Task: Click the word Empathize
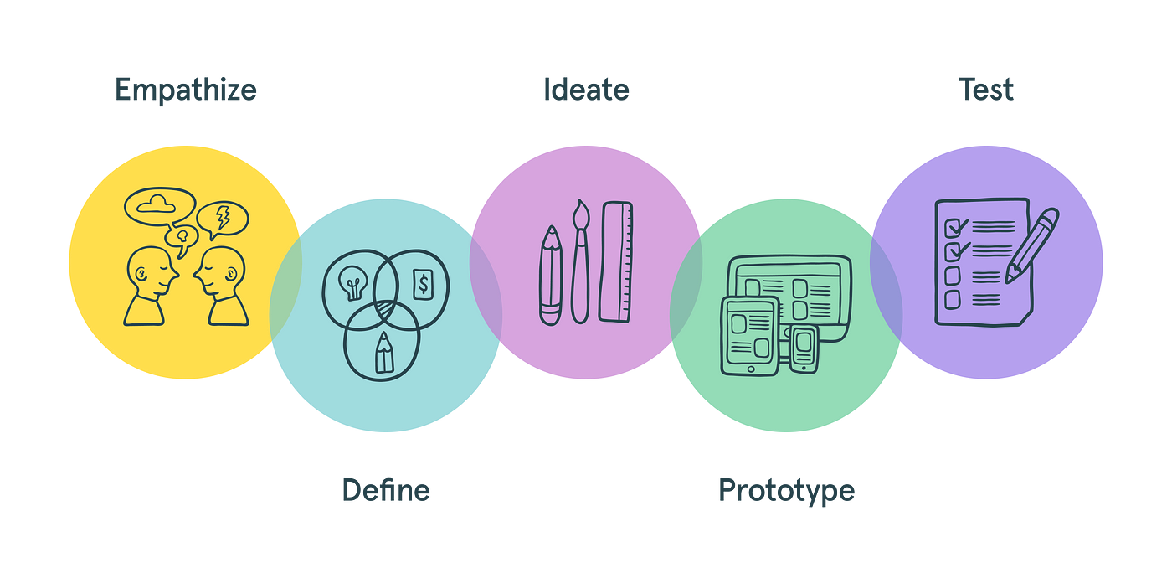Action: coord(186,91)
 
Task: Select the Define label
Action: coord(386,490)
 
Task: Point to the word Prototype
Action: coord(786,492)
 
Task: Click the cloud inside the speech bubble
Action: coord(156,204)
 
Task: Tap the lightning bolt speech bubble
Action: coord(223,219)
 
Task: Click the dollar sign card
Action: coord(423,284)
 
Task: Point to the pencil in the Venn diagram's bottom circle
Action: coord(384,353)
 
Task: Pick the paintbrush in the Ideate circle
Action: coord(580,261)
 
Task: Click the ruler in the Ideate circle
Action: coord(616,261)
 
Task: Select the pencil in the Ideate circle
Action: coord(551,276)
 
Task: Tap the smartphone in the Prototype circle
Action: coord(804,348)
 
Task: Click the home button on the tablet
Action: coord(751,369)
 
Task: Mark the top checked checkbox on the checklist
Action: coord(954,228)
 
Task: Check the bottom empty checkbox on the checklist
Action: coord(953,300)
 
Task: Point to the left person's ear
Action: coord(141,274)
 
